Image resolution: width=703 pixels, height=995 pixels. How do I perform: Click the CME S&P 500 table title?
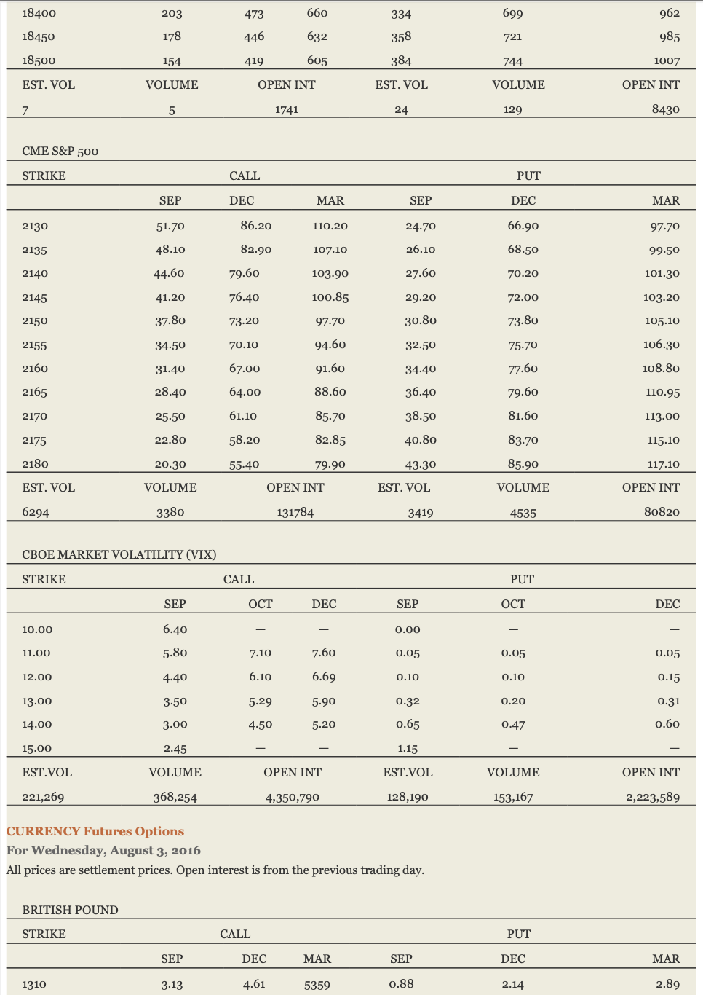tap(60, 151)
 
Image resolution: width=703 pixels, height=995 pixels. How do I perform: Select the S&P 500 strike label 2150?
tap(35, 320)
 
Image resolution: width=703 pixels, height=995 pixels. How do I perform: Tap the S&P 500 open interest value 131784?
tap(295, 512)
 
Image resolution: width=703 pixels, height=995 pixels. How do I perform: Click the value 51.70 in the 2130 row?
tap(170, 226)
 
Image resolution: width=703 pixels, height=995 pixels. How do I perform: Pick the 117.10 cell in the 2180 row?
tap(663, 464)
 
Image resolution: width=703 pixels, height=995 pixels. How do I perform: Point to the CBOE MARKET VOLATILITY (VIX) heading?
tap(119, 554)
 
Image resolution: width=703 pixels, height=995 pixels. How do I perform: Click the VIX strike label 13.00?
tap(37, 701)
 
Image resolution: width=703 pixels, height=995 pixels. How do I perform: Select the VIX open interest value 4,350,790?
tap(292, 797)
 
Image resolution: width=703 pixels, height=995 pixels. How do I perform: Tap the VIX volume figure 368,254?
tap(175, 797)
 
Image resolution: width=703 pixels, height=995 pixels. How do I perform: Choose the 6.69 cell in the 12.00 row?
tap(324, 677)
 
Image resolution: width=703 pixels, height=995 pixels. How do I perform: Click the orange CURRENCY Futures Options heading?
tap(95, 831)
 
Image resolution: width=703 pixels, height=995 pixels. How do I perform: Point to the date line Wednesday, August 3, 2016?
tap(103, 850)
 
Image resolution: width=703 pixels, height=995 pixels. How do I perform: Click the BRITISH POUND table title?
tap(70, 910)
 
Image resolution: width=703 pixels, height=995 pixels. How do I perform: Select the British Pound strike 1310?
tap(34, 984)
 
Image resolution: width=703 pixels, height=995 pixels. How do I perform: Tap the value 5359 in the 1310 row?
tap(317, 985)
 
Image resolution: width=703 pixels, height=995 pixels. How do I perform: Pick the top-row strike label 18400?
tap(39, 13)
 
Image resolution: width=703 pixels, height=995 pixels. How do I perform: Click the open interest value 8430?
tap(665, 109)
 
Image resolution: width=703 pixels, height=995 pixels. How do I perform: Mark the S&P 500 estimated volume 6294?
tap(36, 512)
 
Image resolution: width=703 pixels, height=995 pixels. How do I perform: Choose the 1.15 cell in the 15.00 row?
tap(408, 748)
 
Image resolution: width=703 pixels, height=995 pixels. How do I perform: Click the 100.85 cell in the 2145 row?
tap(330, 297)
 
